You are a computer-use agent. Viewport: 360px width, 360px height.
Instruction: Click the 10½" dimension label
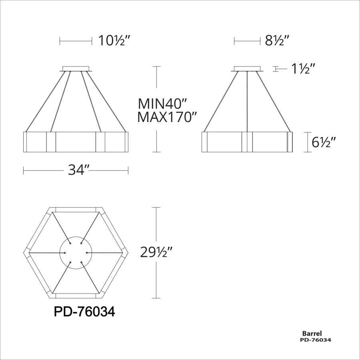click(114, 41)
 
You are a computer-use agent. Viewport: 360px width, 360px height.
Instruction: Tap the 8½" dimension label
click(277, 41)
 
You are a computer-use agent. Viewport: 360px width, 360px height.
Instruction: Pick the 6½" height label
click(323, 142)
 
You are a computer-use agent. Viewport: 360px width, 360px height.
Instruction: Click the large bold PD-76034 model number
click(84, 312)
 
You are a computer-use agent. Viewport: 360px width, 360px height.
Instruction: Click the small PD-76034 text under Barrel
click(315, 340)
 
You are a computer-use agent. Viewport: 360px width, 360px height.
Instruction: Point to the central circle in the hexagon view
click(76, 252)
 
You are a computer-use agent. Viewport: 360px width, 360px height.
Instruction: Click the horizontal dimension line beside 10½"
click(76, 41)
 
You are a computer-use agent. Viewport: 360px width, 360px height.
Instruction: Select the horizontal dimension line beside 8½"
click(247, 41)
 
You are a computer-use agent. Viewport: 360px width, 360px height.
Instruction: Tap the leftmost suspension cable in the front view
click(45, 101)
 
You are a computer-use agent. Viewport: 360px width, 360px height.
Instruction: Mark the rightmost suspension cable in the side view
click(276, 101)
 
